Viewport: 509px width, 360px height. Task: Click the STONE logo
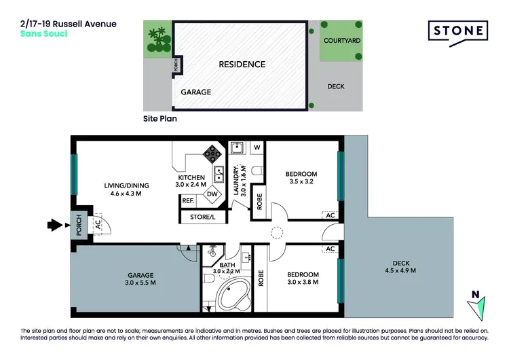coord(458,31)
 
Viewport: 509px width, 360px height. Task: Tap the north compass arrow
coord(479,304)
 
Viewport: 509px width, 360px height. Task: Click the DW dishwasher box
coord(212,194)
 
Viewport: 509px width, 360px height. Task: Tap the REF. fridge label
coord(187,200)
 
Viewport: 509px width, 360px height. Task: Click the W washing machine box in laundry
coord(257,147)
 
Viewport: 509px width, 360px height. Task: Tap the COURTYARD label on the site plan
coord(341,41)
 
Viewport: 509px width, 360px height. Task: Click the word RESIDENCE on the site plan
coord(241,65)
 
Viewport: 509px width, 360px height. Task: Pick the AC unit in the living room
coord(97,221)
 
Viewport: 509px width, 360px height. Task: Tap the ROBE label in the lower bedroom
coord(260,277)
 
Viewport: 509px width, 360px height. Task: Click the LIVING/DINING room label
coord(126,190)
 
